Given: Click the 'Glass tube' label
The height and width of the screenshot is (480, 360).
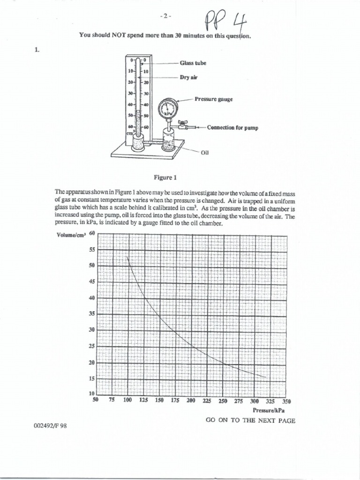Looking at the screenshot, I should [193, 62].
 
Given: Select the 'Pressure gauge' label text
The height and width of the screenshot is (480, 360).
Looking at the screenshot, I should [214, 99].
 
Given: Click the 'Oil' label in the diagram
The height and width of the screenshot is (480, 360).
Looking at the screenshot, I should [204, 152].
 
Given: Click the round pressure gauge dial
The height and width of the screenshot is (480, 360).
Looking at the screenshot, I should [167, 109].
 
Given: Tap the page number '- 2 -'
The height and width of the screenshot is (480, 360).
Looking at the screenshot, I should [166, 15].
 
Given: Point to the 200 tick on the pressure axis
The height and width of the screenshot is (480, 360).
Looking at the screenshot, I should [191, 401].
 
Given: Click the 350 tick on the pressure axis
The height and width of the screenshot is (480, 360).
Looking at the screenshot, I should [286, 401].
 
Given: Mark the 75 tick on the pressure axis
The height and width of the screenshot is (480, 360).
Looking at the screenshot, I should [112, 401].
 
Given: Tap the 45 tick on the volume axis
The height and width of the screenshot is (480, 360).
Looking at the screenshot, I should [92, 281].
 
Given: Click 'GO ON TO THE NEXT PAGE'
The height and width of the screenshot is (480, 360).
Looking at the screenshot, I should [251, 420].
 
